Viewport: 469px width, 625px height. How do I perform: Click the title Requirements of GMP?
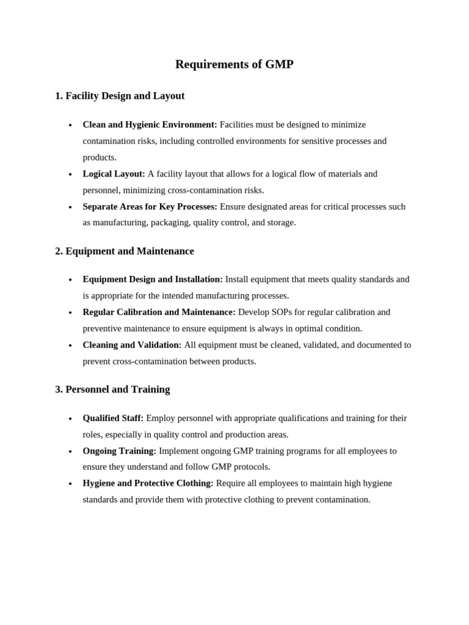[234, 64]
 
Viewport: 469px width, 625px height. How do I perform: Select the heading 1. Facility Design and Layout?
[120, 96]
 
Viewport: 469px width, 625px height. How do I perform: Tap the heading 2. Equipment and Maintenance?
[125, 251]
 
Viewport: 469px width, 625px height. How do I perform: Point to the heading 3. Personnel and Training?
[112, 389]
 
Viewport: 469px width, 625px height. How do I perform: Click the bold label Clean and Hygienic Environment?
[150, 125]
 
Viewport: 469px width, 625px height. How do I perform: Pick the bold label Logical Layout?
[114, 174]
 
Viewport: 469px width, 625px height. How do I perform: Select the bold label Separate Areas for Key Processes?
[150, 206]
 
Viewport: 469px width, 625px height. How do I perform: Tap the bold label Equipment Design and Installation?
[153, 279]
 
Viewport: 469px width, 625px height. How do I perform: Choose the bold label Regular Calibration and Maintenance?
[159, 312]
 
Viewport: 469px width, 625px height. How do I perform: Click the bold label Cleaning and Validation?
[132, 345]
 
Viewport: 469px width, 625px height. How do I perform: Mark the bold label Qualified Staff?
[113, 418]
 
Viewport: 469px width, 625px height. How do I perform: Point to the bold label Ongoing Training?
[119, 451]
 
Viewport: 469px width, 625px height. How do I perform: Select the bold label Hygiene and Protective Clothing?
[148, 483]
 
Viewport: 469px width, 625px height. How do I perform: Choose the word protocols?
[250, 467]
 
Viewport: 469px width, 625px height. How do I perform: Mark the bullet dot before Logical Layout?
[70, 175]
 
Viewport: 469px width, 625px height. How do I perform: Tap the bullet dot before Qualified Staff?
[70, 419]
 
